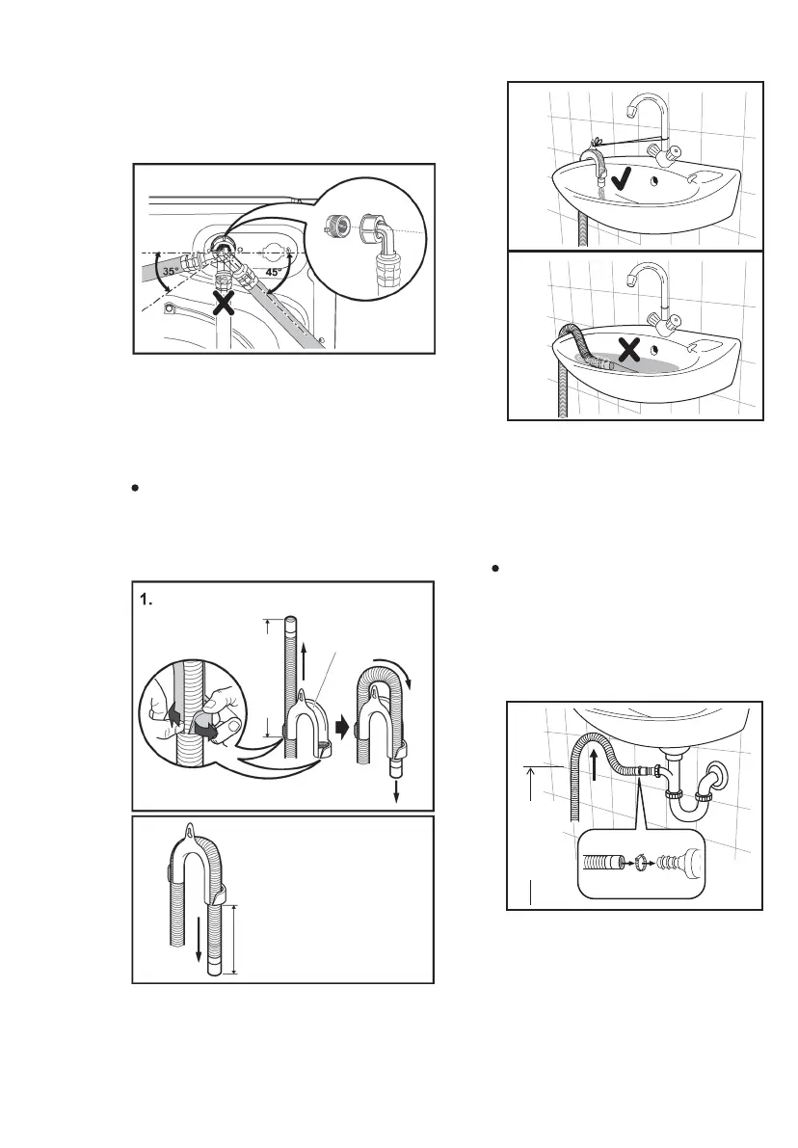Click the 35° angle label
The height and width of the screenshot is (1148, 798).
click(x=170, y=272)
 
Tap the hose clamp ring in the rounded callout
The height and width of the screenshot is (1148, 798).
click(x=636, y=858)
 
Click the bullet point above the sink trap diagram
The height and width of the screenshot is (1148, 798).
click(x=494, y=570)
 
